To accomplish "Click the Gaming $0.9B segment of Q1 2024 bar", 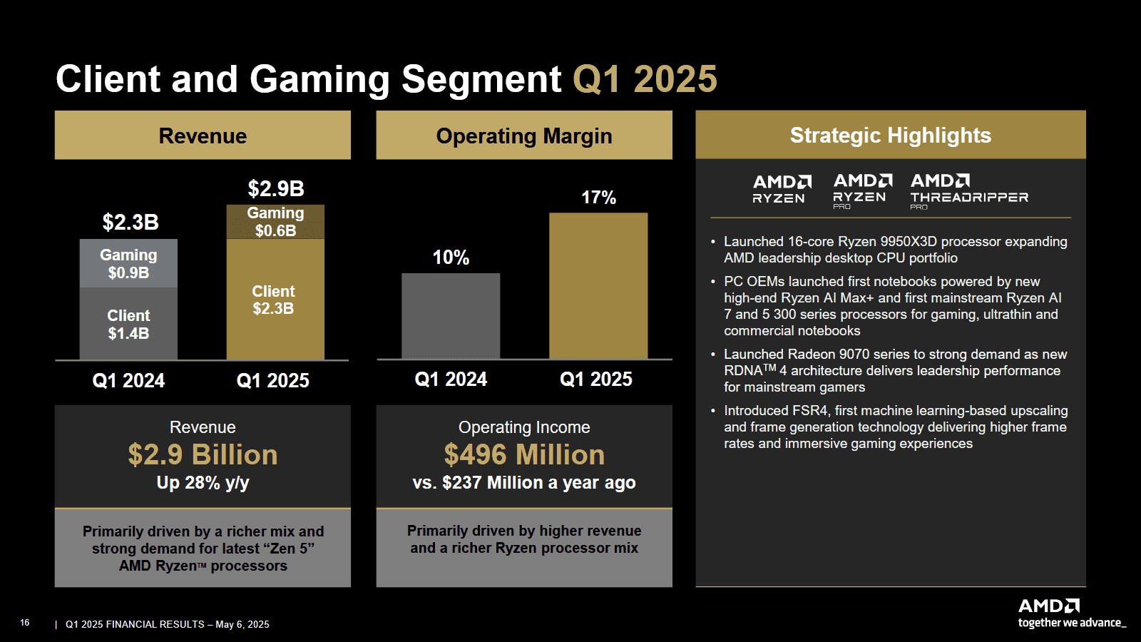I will click(128, 263).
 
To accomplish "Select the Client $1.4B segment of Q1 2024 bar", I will click(128, 324).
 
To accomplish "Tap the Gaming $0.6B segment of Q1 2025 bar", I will click(275, 222).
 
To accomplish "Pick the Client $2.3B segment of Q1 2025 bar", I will click(275, 300).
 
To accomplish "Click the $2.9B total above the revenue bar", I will click(276, 189).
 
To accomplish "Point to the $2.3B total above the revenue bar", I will click(131, 223).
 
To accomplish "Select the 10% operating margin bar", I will click(451, 315).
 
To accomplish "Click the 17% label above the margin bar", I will click(598, 198).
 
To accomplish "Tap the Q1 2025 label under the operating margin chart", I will click(595, 379).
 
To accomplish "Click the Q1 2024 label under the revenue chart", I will click(128, 381).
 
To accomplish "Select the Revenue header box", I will click(203, 136).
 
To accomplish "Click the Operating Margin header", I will click(524, 136).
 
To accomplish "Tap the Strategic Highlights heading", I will click(890, 135).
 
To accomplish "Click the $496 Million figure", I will click(524, 455).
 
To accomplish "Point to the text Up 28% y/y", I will click(203, 483).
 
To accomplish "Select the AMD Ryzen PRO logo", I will click(862, 190).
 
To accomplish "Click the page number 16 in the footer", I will click(25, 623).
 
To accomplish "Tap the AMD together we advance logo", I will click(1070, 613).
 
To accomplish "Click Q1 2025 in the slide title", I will click(645, 79).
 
